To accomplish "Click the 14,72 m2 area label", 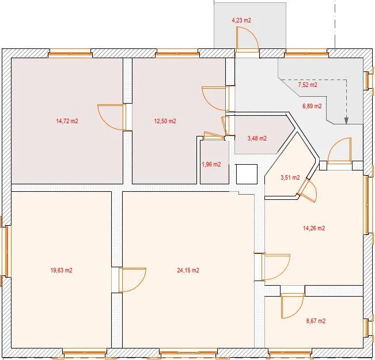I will click(x=67, y=121).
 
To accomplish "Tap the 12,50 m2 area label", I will click(x=165, y=121).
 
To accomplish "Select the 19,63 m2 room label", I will click(x=61, y=270).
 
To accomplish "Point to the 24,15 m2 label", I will click(x=188, y=270).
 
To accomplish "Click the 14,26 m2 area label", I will click(x=314, y=228).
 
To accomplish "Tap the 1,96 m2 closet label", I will click(x=211, y=164).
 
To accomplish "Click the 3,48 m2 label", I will click(x=257, y=138).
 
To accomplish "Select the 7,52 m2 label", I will click(x=308, y=85).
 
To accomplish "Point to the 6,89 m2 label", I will click(x=312, y=106).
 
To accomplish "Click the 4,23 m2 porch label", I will click(x=241, y=20).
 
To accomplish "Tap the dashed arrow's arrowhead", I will click(x=346, y=121).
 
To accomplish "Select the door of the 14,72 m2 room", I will click(x=112, y=117).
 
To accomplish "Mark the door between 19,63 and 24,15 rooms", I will click(x=132, y=279).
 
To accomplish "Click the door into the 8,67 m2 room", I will click(x=292, y=305).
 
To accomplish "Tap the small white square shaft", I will click(x=247, y=174).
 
